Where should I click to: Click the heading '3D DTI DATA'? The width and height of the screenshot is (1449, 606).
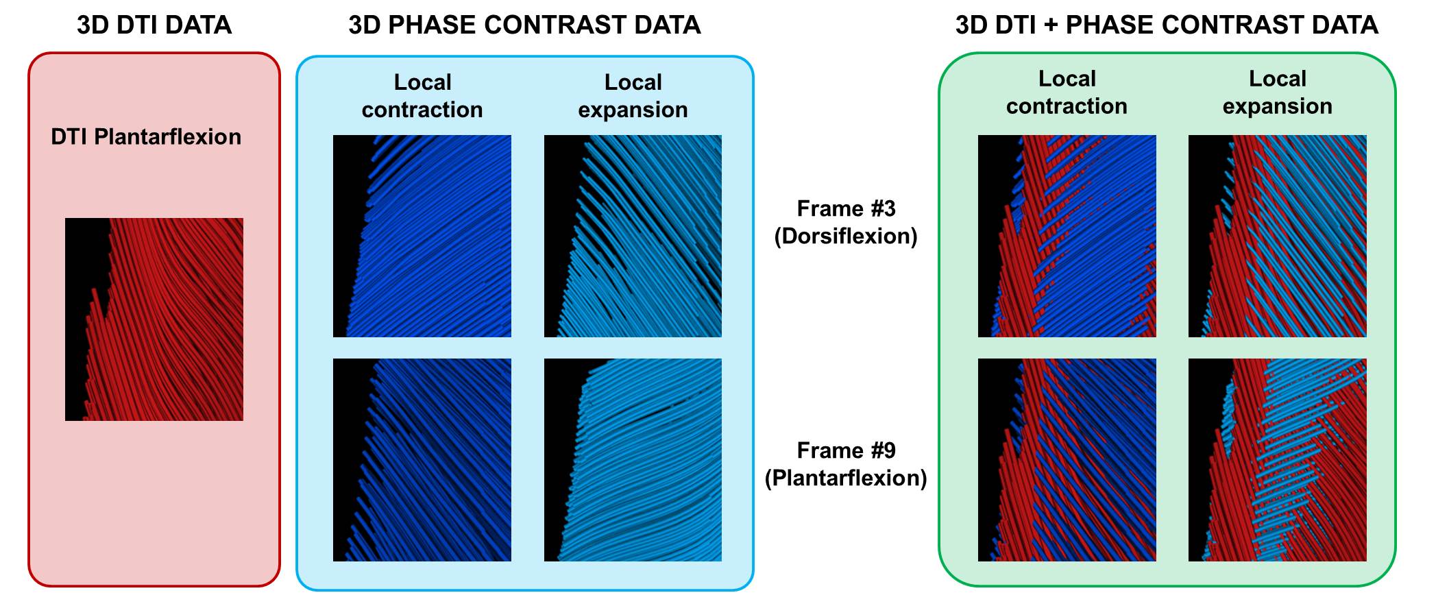154,25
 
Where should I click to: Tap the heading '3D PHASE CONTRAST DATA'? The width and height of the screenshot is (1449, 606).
524,25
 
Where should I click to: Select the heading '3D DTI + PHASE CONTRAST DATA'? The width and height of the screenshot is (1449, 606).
1167,25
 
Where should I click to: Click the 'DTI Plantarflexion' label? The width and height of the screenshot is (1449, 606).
146,137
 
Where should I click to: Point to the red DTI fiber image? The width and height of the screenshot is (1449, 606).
154,319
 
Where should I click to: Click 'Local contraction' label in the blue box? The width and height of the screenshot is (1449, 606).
422,96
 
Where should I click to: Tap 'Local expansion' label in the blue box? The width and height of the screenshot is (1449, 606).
633,96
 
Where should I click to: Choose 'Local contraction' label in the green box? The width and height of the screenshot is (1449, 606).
1067,93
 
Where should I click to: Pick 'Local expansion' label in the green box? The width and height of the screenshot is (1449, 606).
1278,93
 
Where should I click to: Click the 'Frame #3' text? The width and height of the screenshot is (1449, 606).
846,208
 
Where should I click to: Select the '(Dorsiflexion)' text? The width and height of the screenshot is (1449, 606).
846,236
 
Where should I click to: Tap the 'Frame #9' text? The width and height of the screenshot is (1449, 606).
846,450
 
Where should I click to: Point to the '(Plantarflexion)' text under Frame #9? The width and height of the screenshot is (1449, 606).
846,478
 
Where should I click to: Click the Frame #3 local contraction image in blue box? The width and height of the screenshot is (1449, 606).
422,236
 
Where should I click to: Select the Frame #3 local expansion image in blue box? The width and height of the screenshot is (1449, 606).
633,236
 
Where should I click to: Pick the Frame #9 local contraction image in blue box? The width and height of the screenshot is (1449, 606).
422,460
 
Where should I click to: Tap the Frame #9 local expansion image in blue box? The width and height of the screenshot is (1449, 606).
633,460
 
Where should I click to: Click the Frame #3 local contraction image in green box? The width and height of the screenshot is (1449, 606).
1067,236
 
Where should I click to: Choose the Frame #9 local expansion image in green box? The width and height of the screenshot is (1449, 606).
1278,460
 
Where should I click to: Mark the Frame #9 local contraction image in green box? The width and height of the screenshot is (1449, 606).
1067,460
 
